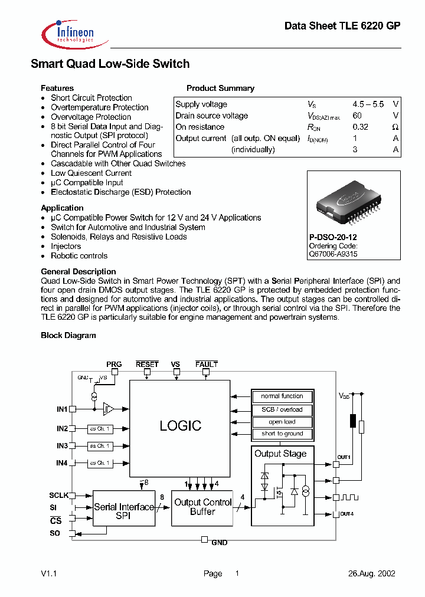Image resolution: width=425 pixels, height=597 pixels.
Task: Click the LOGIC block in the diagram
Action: [180, 425]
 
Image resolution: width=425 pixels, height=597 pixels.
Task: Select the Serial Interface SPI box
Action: [124, 511]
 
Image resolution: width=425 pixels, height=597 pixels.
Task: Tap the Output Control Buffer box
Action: [202, 507]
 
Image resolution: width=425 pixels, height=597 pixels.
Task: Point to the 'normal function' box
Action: [282, 396]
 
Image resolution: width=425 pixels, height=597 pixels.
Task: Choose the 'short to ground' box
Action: [282, 434]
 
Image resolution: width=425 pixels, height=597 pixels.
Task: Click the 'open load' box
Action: [282, 422]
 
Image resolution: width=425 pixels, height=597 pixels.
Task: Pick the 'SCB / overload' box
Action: [282, 409]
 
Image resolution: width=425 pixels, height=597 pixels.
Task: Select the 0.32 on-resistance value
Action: [360, 127]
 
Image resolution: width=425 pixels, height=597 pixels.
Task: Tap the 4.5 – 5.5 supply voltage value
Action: [368, 104]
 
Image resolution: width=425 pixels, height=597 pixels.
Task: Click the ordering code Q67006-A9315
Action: [333, 254]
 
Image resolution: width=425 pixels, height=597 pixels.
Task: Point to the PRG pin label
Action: [114, 365]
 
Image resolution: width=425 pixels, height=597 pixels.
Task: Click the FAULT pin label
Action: [207, 365]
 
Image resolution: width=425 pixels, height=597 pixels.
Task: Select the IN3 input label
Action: [63, 446]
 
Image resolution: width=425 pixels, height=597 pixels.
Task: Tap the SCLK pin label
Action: [59, 496]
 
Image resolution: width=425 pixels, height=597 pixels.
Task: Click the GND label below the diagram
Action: [220, 542]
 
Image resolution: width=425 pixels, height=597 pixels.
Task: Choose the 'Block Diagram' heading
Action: [68, 336]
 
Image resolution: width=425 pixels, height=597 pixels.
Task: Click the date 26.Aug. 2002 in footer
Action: [371, 573]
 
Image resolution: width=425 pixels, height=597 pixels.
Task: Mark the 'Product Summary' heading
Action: [220, 88]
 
